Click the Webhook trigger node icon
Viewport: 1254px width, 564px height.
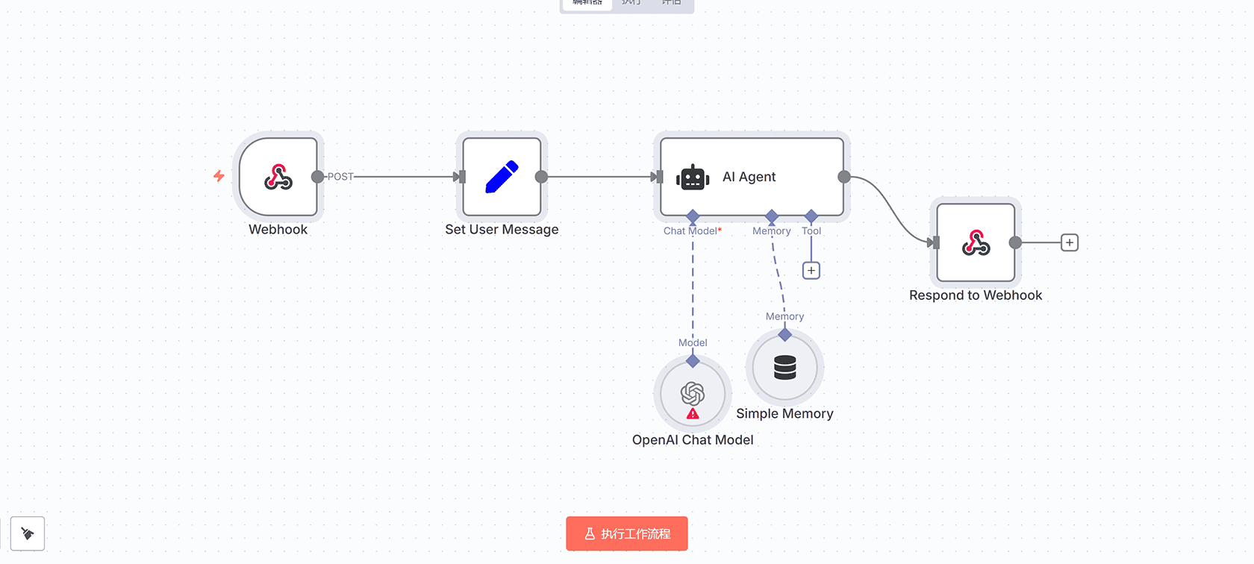pos(278,177)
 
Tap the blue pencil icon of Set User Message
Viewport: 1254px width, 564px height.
pos(502,177)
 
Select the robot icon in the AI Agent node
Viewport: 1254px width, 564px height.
pos(693,178)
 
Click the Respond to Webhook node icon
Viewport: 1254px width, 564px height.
pos(976,242)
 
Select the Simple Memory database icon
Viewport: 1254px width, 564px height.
pos(784,367)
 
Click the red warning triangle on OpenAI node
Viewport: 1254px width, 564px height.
pos(693,413)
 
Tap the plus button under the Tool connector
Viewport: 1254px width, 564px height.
pos(811,270)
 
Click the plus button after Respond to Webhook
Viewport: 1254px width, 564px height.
pos(1070,242)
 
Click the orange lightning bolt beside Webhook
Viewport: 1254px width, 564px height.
pos(219,176)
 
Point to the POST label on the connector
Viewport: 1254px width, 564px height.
pos(340,177)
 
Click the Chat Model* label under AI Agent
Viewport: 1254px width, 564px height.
pos(692,231)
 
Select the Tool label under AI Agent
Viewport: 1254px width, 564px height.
pos(811,231)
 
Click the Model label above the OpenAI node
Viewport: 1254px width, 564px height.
pos(693,342)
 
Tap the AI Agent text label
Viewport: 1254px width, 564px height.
pos(749,177)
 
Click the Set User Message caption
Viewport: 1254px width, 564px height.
pos(502,230)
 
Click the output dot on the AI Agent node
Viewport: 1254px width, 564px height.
pos(844,177)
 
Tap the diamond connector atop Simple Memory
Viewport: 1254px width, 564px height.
pos(784,335)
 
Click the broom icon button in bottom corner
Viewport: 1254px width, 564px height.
pos(28,533)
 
